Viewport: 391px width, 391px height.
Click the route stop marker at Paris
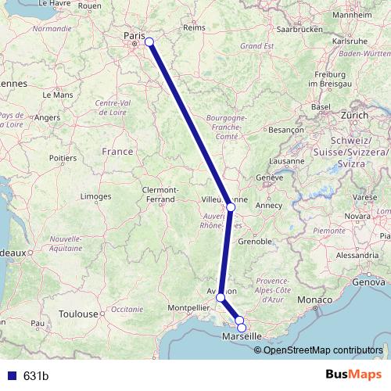click(149, 42)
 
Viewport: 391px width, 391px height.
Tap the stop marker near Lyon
click(230, 206)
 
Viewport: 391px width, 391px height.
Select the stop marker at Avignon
click(221, 297)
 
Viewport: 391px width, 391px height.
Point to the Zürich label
click(354, 115)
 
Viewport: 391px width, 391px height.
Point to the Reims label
click(193, 27)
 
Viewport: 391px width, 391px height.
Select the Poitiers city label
click(63, 157)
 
